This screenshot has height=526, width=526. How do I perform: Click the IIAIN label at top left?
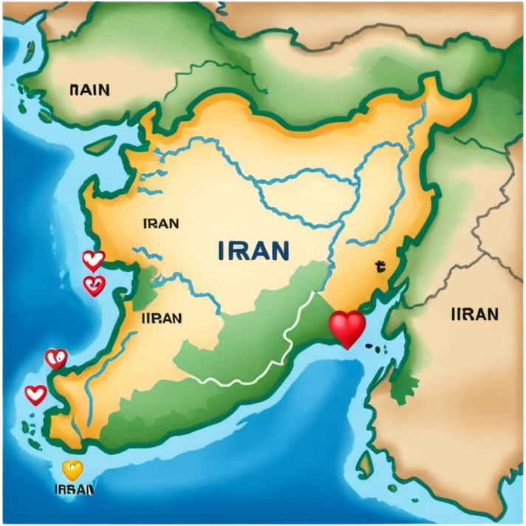click(x=89, y=90)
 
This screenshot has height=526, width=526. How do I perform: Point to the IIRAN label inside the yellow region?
click(x=161, y=318)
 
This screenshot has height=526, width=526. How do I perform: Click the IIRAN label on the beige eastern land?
click(x=474, y=315)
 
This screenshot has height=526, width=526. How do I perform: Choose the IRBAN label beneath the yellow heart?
click(x=74, y=489)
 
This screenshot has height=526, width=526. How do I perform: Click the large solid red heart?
click(x=347, y=328)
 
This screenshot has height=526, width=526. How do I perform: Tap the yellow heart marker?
click(x=72, y=470)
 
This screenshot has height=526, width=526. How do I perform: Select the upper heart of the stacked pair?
click(x=93, y=260)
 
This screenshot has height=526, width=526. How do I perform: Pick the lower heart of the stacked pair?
click(x=93, y=284)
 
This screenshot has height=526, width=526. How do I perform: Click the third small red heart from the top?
click(x=56, y=359)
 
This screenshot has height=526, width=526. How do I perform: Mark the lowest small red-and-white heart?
click(x=35, y=394)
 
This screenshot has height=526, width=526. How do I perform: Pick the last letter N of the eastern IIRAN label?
click(x=492, y=315)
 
